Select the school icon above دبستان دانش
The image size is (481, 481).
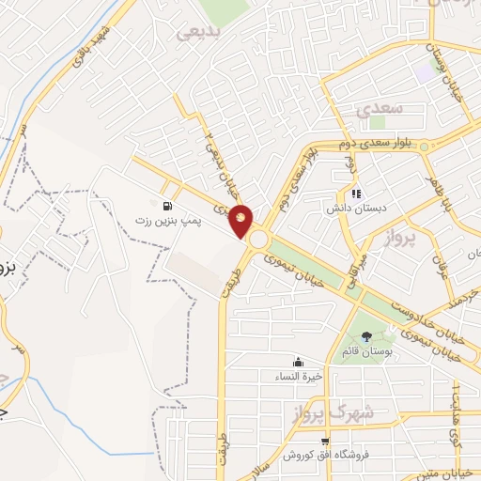coord(356,194)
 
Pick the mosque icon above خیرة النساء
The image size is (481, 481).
coord(299,362)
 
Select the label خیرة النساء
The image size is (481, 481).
coord(299,376)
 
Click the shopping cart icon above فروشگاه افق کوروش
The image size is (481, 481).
coord(325,442)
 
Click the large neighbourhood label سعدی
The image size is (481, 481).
coord(380,108)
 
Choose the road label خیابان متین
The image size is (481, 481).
coord(449,474)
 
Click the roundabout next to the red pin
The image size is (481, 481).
coord(258,240)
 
